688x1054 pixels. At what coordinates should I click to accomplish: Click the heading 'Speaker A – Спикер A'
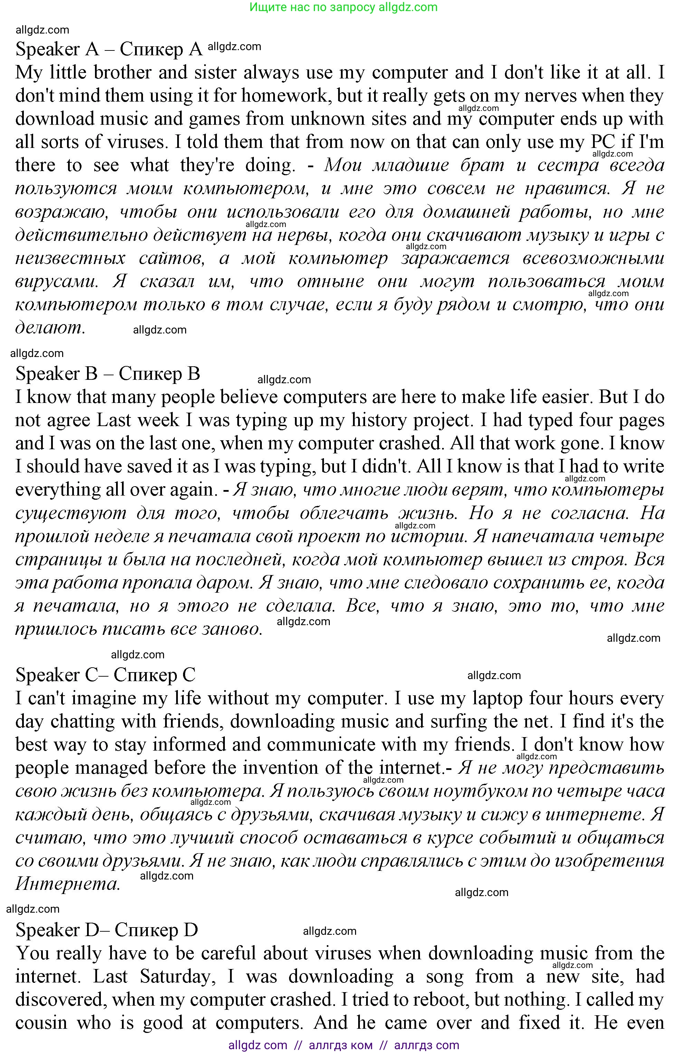click(x=109, y=49)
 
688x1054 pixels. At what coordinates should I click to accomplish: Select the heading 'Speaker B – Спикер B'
click(x=107, y=374)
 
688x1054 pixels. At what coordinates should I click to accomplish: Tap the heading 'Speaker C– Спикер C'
click(x=105, y=675)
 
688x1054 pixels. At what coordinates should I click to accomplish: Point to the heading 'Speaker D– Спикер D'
click(x=106, y=930)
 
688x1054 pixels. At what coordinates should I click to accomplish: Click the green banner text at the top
click(x=344, y=7)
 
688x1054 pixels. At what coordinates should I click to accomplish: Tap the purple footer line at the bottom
click(x=344, y=1045)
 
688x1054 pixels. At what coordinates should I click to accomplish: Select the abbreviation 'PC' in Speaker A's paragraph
click(x=603, y=142)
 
